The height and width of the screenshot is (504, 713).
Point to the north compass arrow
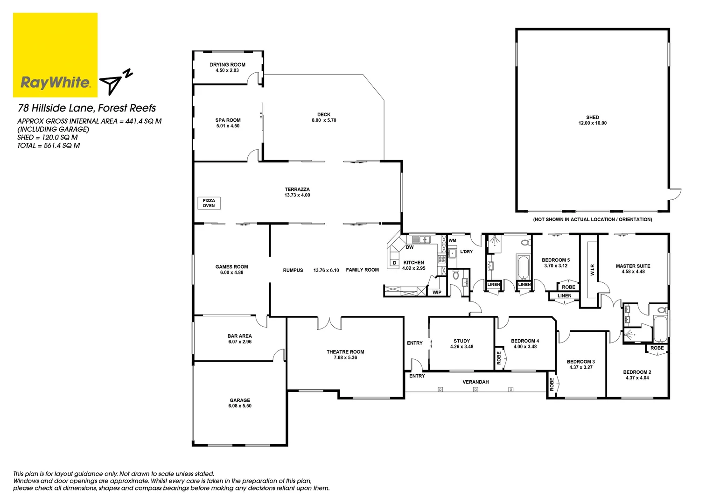(112, 84)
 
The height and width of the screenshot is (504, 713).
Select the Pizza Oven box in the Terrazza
(209, 203)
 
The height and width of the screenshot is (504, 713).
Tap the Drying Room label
(227, 65)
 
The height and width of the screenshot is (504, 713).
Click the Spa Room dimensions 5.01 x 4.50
(228, 126)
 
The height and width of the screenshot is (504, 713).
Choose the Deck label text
(324, 114)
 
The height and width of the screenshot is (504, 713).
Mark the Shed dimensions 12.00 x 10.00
(593, 123)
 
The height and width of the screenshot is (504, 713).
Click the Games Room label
(231, 267)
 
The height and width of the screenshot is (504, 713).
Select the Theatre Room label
(345, 352)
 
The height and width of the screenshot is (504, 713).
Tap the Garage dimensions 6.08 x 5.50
(240, 406)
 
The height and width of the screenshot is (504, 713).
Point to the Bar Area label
(239, 336)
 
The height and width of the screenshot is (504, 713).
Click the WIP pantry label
(437, 293)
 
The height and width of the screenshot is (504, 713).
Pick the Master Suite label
(633, 266)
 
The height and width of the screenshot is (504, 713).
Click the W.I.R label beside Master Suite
(593, 270)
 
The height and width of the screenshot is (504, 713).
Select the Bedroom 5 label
(555, 260)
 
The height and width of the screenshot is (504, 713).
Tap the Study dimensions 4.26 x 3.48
(461, 347)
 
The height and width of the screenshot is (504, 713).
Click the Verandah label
(475, 382)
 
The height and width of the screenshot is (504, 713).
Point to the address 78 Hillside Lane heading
(87, 108)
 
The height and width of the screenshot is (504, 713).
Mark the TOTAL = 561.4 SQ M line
(49, 146)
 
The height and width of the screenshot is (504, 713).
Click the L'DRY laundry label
(466, 252)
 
